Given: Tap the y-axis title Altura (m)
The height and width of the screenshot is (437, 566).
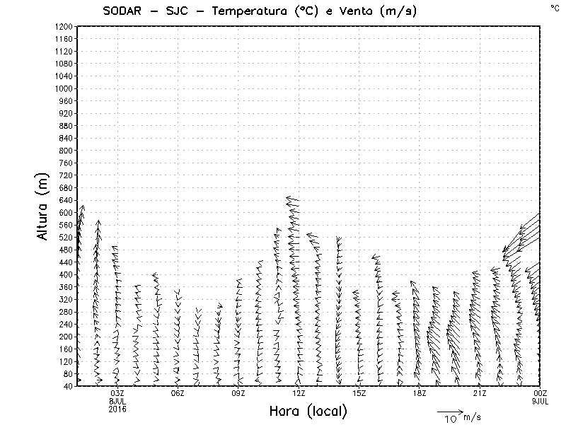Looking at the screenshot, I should [x=44, y=205].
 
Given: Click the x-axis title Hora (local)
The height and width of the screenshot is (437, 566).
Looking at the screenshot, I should [x=308, y=411].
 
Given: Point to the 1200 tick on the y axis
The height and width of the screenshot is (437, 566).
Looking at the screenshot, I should [x=63, y=26].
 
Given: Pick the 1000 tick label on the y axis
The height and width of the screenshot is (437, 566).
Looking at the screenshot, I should [x=63, y=88].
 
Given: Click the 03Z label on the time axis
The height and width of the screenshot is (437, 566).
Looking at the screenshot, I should [x=117, y=393].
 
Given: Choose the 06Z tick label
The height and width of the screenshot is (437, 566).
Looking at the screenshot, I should [x=178, y=393].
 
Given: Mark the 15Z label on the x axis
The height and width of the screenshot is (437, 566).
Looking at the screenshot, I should [x=359, y=393].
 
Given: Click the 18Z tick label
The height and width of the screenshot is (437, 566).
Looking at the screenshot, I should [x=420, y=393].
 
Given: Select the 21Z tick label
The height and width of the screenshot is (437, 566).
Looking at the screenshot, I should [x=480, y=393].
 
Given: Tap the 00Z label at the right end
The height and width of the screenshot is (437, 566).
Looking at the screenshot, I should [x=540, y=393].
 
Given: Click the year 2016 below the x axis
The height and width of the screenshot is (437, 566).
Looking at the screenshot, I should [x=117, y=408].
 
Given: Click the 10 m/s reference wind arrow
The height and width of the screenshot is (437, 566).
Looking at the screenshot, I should [x=449, y=411].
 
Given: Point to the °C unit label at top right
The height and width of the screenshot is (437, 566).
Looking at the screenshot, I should [x=554, y=7].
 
